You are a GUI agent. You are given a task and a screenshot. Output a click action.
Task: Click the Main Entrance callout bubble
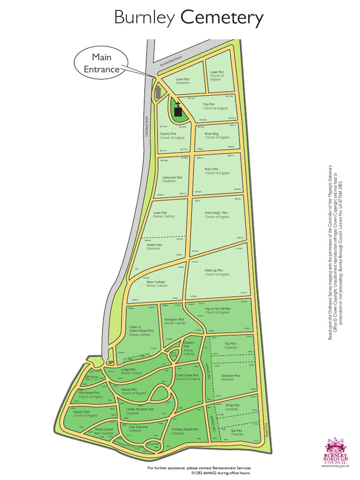[99, 64]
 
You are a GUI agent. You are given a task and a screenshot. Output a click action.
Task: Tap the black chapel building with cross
[178, 112]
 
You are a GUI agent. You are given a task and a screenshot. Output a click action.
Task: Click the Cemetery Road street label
[146, 127]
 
